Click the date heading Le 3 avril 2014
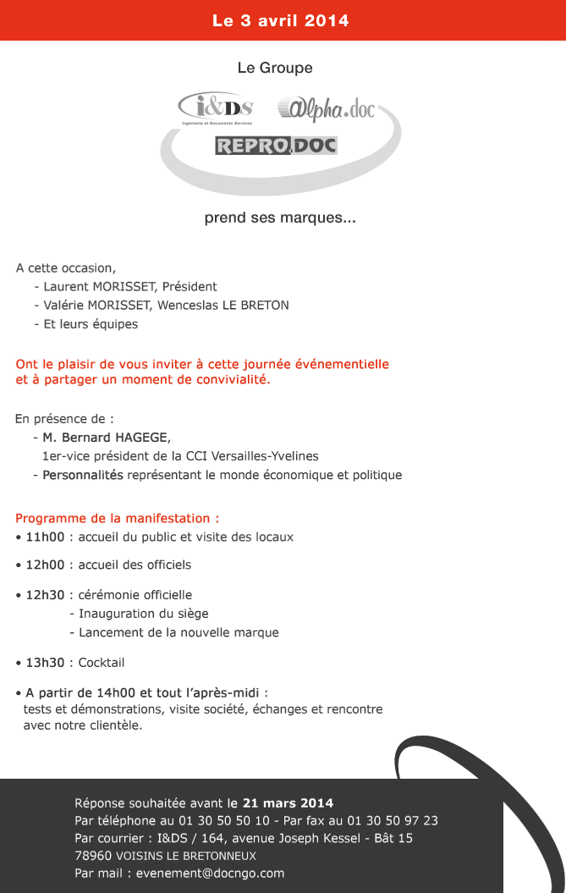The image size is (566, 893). [x=281, y=20]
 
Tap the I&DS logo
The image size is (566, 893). [x=217, y=107]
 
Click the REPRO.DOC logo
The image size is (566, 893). [x=276, y=146]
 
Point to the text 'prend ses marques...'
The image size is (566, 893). [x=280, y=218]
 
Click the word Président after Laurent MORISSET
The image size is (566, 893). [x=190, y=286]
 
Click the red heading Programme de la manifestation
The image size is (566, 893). [x=117, y=518]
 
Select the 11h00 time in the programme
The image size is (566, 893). [x=45, y=537]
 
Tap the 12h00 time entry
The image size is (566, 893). [x=45, y=565]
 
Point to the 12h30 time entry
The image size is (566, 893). [x=45, y=595]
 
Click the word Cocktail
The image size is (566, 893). [x=102, y=662]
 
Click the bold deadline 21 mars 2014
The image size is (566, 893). [x=288, y=802]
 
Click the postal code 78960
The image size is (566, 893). [x=92, y=856]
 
